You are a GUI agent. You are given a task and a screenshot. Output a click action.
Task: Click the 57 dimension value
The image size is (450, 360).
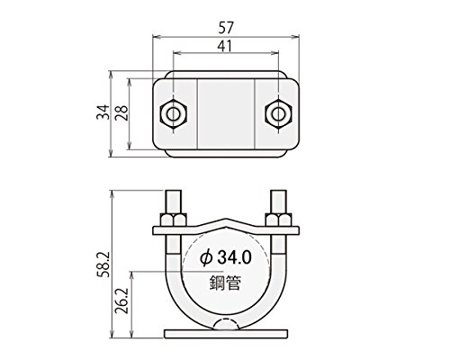click(x=226, y=28)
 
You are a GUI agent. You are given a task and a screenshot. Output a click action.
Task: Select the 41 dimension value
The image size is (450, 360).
click(x=225, y=46)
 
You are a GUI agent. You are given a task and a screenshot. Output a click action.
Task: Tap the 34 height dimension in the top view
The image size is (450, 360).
click(x=103, y=112)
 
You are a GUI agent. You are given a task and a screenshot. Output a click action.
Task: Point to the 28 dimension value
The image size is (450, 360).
click(x=122, y=112)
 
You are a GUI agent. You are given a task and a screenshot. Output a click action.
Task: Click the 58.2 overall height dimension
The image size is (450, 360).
click(x=103, y=265)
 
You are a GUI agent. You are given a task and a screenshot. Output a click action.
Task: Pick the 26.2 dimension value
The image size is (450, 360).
click(x=122, y=301)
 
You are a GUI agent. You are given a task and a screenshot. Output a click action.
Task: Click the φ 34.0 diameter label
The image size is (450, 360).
click(x=226, y=257)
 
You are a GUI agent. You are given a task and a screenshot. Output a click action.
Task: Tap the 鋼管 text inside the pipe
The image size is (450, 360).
click(x=225, y=283)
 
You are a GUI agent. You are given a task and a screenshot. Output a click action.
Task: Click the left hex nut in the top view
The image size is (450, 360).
click(x=174, y=114)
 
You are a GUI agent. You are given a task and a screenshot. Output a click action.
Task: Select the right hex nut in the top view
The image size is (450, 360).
click(x=279, y=114)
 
